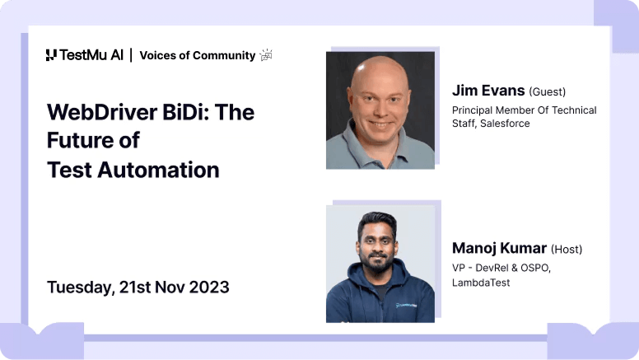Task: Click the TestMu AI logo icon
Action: (x=51, y=55)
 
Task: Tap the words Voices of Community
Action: (x=197, y=55)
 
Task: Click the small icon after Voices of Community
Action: (x=266, y=55)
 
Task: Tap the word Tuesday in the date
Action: (x=79, y=288)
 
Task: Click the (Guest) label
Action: (x=547, y=91)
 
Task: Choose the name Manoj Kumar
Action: (x=499, y=248)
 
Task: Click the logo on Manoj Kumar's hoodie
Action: (x=406, y=305)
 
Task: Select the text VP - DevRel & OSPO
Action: (x=501, y=269)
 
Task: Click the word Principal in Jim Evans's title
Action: (x=474, y=110)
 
